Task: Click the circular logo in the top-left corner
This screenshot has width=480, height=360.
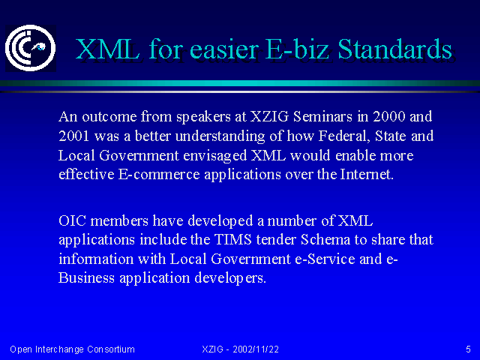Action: tap(31, 48)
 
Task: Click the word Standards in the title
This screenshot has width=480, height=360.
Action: tap(395, 49)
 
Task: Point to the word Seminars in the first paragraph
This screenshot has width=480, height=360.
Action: tap(322, 116)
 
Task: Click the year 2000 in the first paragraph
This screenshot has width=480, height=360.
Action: tap(388, 116)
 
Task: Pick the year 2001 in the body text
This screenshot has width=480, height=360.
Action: tap(73, 136)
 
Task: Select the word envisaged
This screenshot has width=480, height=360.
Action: tap(215, 156)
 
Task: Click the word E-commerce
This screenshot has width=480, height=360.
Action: tap(158, 175)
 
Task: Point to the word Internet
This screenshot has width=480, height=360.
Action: tap(367, 175)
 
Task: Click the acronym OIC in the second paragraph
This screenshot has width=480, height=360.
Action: tap(72, 220)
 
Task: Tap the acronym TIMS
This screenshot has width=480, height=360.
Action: tap(233, 239)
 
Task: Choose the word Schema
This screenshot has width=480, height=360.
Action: tap(325, 239)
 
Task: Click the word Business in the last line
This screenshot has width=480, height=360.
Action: tap(86, 277)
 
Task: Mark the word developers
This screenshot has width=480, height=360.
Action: tap(230, 278)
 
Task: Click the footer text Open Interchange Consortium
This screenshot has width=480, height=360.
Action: tap(72, 349)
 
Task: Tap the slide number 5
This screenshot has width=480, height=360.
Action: tap(468, 349)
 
